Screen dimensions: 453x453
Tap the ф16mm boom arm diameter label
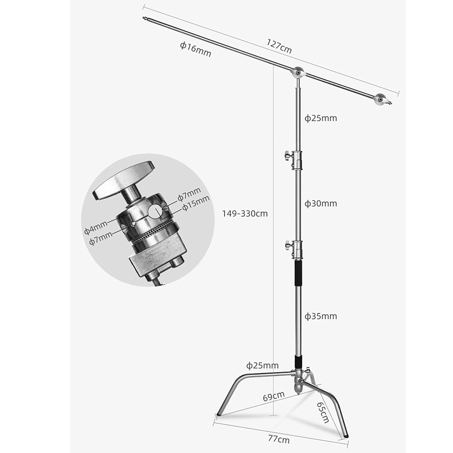(196, 49)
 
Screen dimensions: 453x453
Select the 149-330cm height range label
(245, 213)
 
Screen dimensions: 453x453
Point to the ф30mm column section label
(320, 203)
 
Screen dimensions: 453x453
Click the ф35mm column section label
(320, 316)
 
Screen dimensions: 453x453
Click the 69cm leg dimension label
(273, 396)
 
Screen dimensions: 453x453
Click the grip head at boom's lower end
(381, 100)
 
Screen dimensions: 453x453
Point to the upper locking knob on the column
(286, 155)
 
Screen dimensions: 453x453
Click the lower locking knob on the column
(288, 244)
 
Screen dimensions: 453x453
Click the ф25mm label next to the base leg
(262, 366)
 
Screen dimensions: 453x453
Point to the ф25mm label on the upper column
(320, 118)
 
